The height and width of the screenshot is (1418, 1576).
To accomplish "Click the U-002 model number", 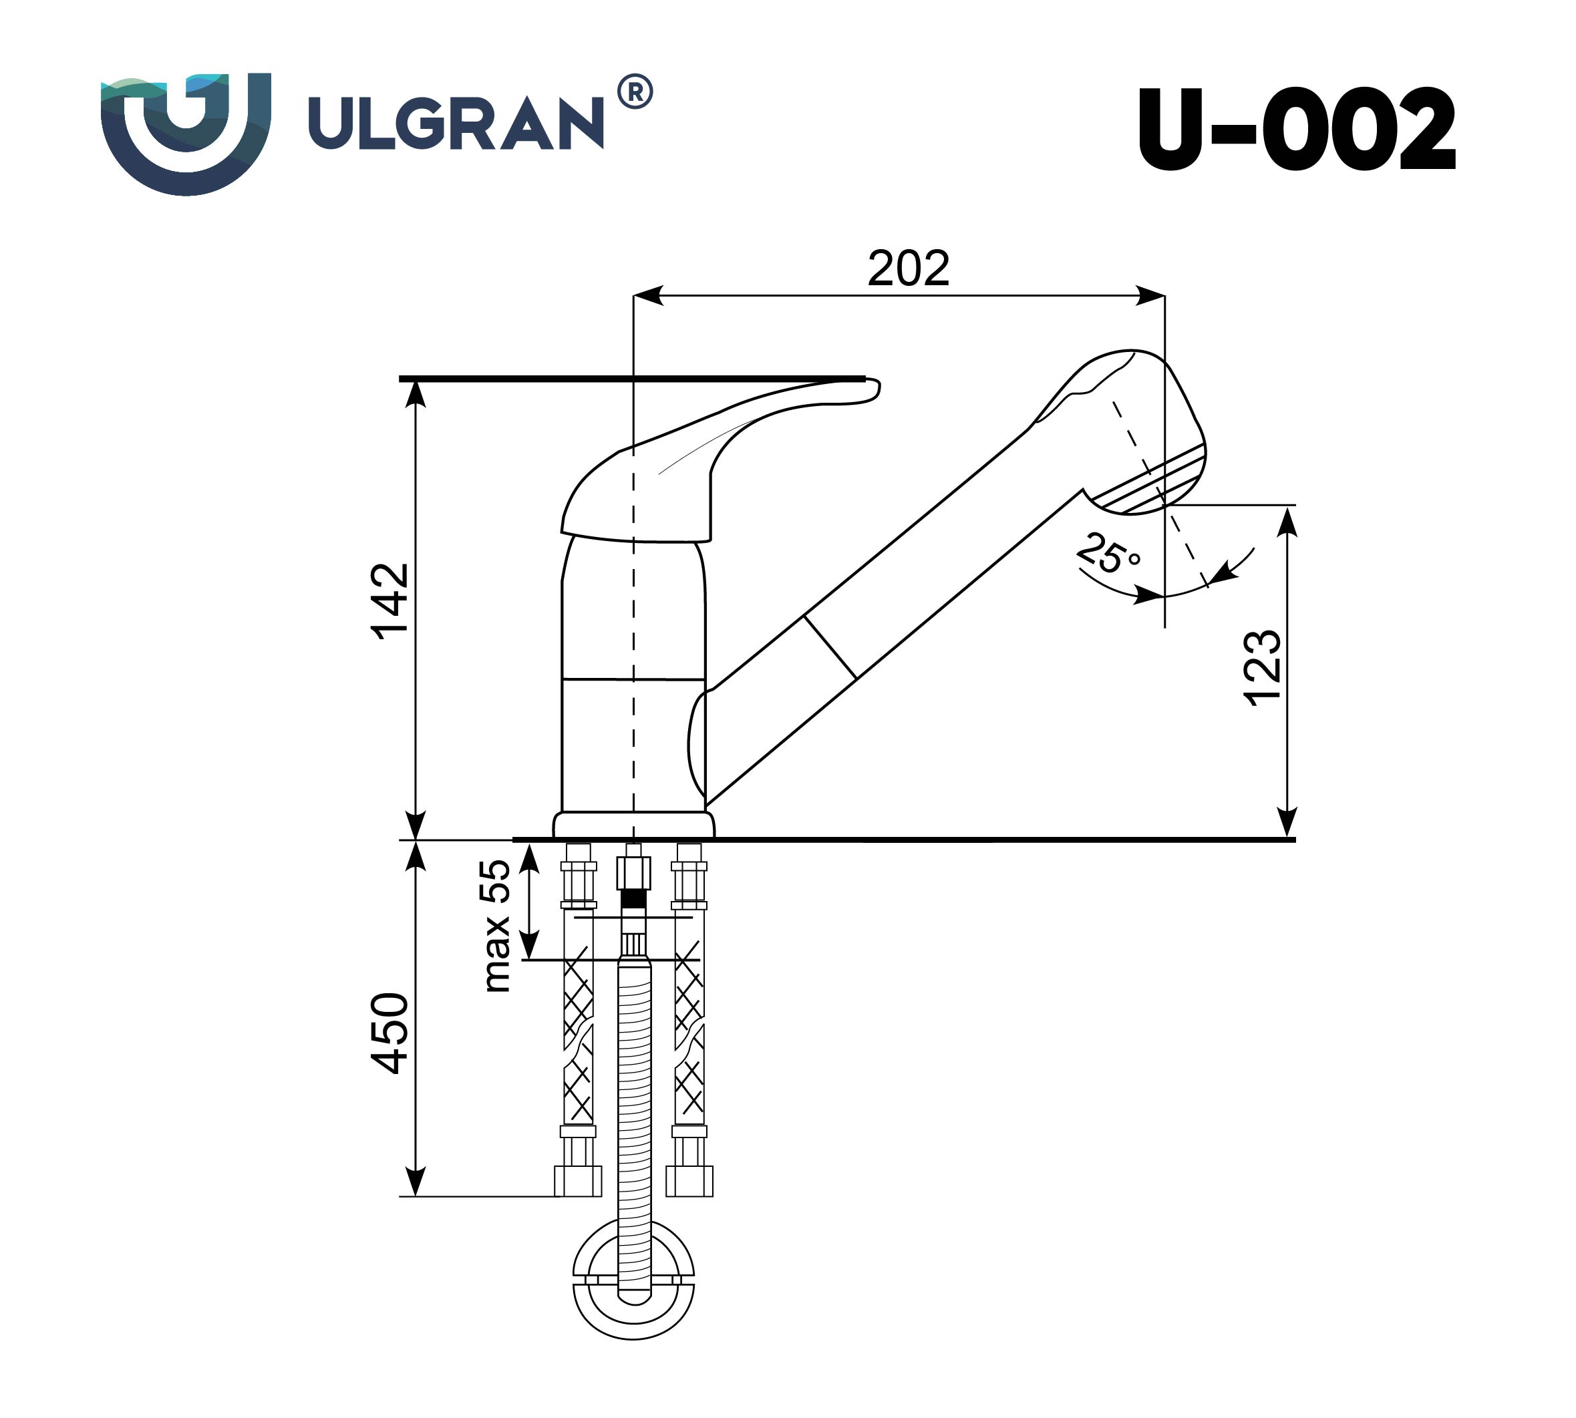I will click(x=1295, y=130).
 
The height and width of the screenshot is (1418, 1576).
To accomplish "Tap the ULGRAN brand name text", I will click(x=456, y=123).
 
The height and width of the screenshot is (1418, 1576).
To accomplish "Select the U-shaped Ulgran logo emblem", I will click(x=186, y=132).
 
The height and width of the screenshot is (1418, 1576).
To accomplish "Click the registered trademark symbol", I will click(x=635, y=92).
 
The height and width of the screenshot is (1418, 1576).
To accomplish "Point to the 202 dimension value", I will click(x=908, y=268).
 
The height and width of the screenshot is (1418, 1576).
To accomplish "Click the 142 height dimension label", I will click(x=389, y=602).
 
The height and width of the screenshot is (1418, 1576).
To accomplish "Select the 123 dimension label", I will click(x=1261, y=669).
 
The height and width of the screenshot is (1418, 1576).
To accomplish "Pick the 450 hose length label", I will click(x=389, y=1034).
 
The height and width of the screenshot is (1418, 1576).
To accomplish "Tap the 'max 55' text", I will click(x=496, y=926).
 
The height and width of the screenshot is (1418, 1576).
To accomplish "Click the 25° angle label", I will click(x=1108, y=554).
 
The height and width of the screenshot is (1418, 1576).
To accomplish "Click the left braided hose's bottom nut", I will click(x=577, y=1180).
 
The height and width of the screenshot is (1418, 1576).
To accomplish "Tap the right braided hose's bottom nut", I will click(x=689, y=1180).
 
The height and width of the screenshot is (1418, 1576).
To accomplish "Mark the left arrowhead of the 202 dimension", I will click(x=647, y=295).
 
